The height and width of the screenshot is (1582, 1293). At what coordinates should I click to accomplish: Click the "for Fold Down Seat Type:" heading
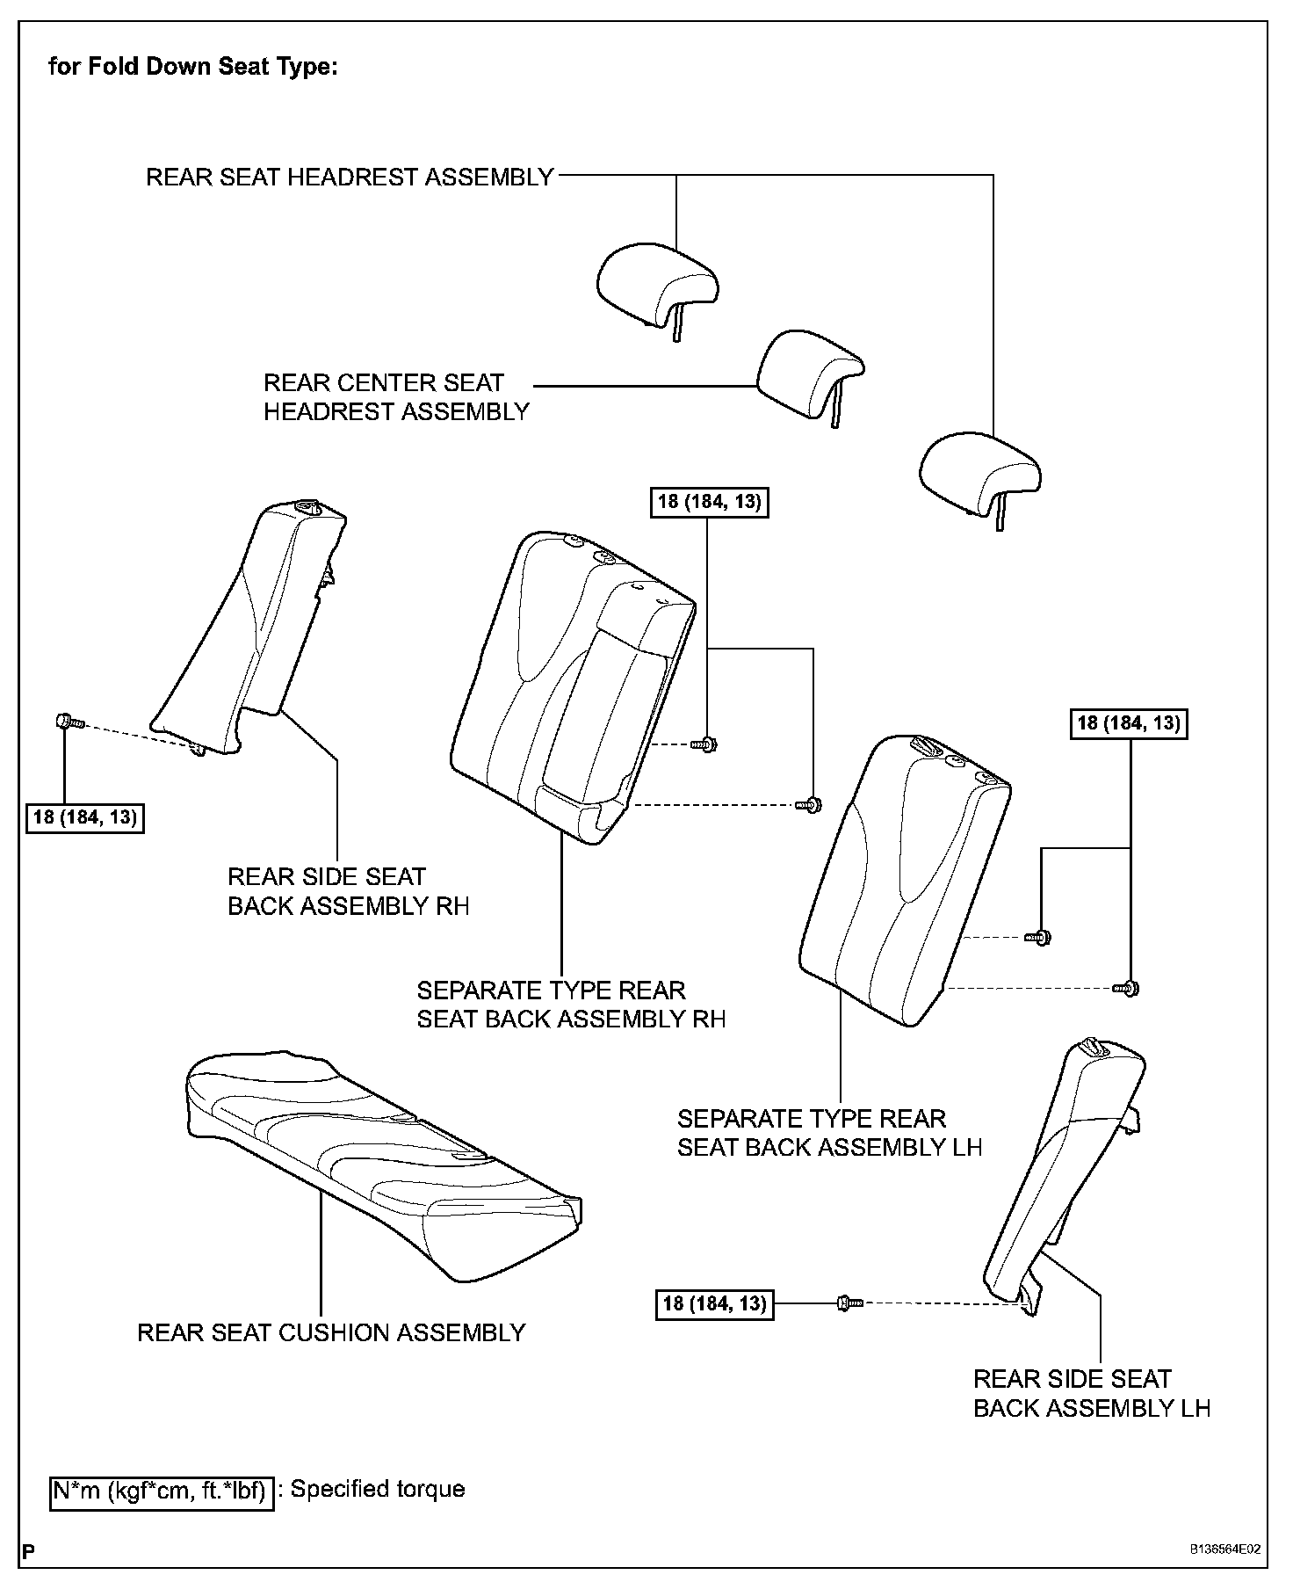[x=192, y=67]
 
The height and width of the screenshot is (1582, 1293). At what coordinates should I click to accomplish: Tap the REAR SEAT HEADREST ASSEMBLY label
[x=350, y=178]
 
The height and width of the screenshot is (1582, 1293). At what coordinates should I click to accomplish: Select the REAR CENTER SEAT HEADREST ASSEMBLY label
[x=396, y=397]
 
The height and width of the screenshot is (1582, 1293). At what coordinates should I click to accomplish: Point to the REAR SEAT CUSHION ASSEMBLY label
[x=331, y=1332]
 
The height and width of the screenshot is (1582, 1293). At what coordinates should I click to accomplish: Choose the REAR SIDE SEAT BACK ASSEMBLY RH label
[x=348, y=891]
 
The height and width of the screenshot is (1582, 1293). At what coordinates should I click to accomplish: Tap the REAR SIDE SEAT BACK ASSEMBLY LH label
[x=1091, y=1393]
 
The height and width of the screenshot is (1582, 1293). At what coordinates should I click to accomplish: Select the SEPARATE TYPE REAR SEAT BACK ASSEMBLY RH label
[x=571, y=1005]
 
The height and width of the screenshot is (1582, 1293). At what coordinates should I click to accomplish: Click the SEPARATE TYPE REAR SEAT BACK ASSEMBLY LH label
[x=829, y=1133]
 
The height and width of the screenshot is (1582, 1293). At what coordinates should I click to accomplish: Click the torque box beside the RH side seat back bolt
[x=85, y=817]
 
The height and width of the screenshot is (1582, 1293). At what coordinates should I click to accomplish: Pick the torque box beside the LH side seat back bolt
[x=715, y=1303]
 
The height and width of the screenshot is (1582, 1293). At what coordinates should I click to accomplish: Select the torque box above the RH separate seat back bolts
[x=710, y=502]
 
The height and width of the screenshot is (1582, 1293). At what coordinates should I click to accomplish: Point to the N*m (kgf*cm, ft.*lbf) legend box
[x=162, y=1490]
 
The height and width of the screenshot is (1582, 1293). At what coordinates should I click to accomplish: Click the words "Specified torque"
[x=378, y=1489]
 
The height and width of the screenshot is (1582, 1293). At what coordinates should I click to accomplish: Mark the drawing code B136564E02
[x=1225, y=1549]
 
